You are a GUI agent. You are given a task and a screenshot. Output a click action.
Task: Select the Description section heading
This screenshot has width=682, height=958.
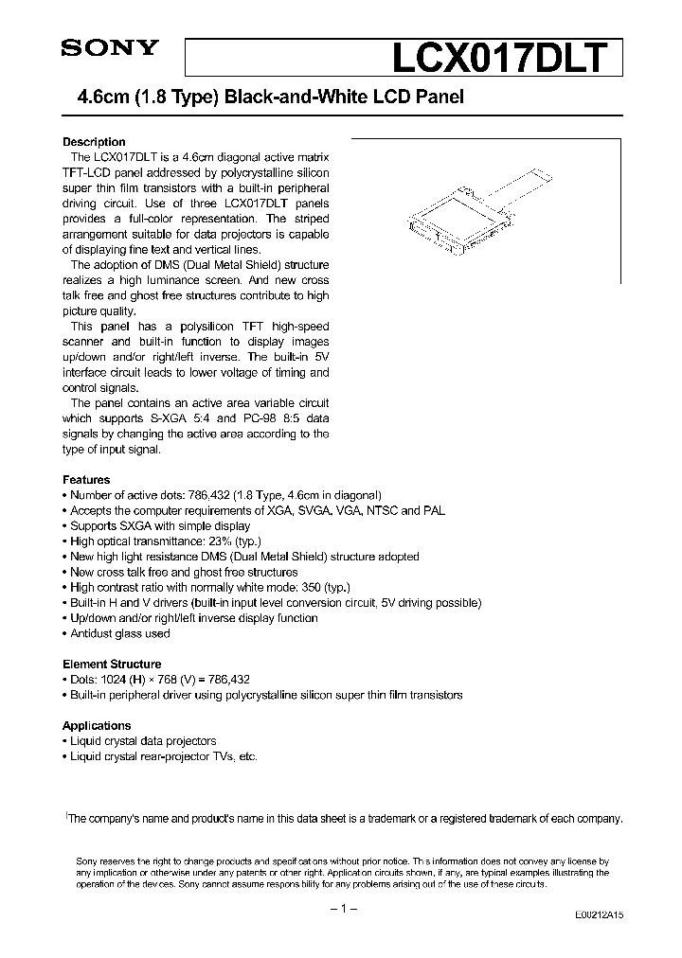point(94,142)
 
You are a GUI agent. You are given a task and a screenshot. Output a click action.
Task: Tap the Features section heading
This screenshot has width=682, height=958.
point(86,480)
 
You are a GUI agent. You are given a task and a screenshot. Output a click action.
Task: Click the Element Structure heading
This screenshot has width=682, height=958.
point(112,665)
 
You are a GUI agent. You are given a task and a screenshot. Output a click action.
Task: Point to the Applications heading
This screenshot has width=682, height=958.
point(97,726)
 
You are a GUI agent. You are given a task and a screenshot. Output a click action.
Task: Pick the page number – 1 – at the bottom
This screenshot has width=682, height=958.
point(341,909)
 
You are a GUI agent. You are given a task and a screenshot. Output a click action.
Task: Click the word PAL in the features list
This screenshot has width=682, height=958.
point(433,511)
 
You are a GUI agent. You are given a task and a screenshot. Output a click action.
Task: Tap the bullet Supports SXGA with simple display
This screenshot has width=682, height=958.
point(160,526)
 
